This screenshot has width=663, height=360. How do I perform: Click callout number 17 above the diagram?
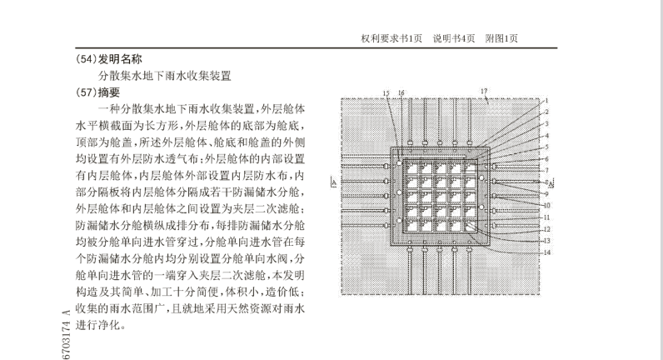(484, 91)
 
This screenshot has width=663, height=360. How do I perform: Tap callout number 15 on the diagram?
(386, 93)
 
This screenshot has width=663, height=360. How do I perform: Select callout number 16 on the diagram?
(401, 93)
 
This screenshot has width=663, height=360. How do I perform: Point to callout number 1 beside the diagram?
(546, 101)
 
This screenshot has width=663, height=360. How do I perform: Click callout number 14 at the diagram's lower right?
(547, 252)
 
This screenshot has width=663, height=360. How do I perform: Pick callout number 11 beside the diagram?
(546, 217)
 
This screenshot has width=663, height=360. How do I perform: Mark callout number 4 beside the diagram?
(546, 136)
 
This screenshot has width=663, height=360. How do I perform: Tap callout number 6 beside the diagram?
(546, 159)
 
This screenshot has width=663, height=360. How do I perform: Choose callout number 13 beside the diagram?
(546, 241)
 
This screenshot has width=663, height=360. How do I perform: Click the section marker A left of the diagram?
(334, 182)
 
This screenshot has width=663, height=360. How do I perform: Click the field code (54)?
(87, 59)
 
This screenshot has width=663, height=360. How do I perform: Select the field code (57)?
(87, 92)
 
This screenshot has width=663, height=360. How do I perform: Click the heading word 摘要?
(109, 92)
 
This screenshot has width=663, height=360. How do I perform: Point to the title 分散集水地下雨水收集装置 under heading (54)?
(165, 76)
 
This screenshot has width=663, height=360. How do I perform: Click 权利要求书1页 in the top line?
(391, 38)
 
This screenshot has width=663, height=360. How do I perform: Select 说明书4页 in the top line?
(454, 38)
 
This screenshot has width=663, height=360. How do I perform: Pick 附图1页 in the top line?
(501, 38)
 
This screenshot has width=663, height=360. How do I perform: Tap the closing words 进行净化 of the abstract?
(97, 325)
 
